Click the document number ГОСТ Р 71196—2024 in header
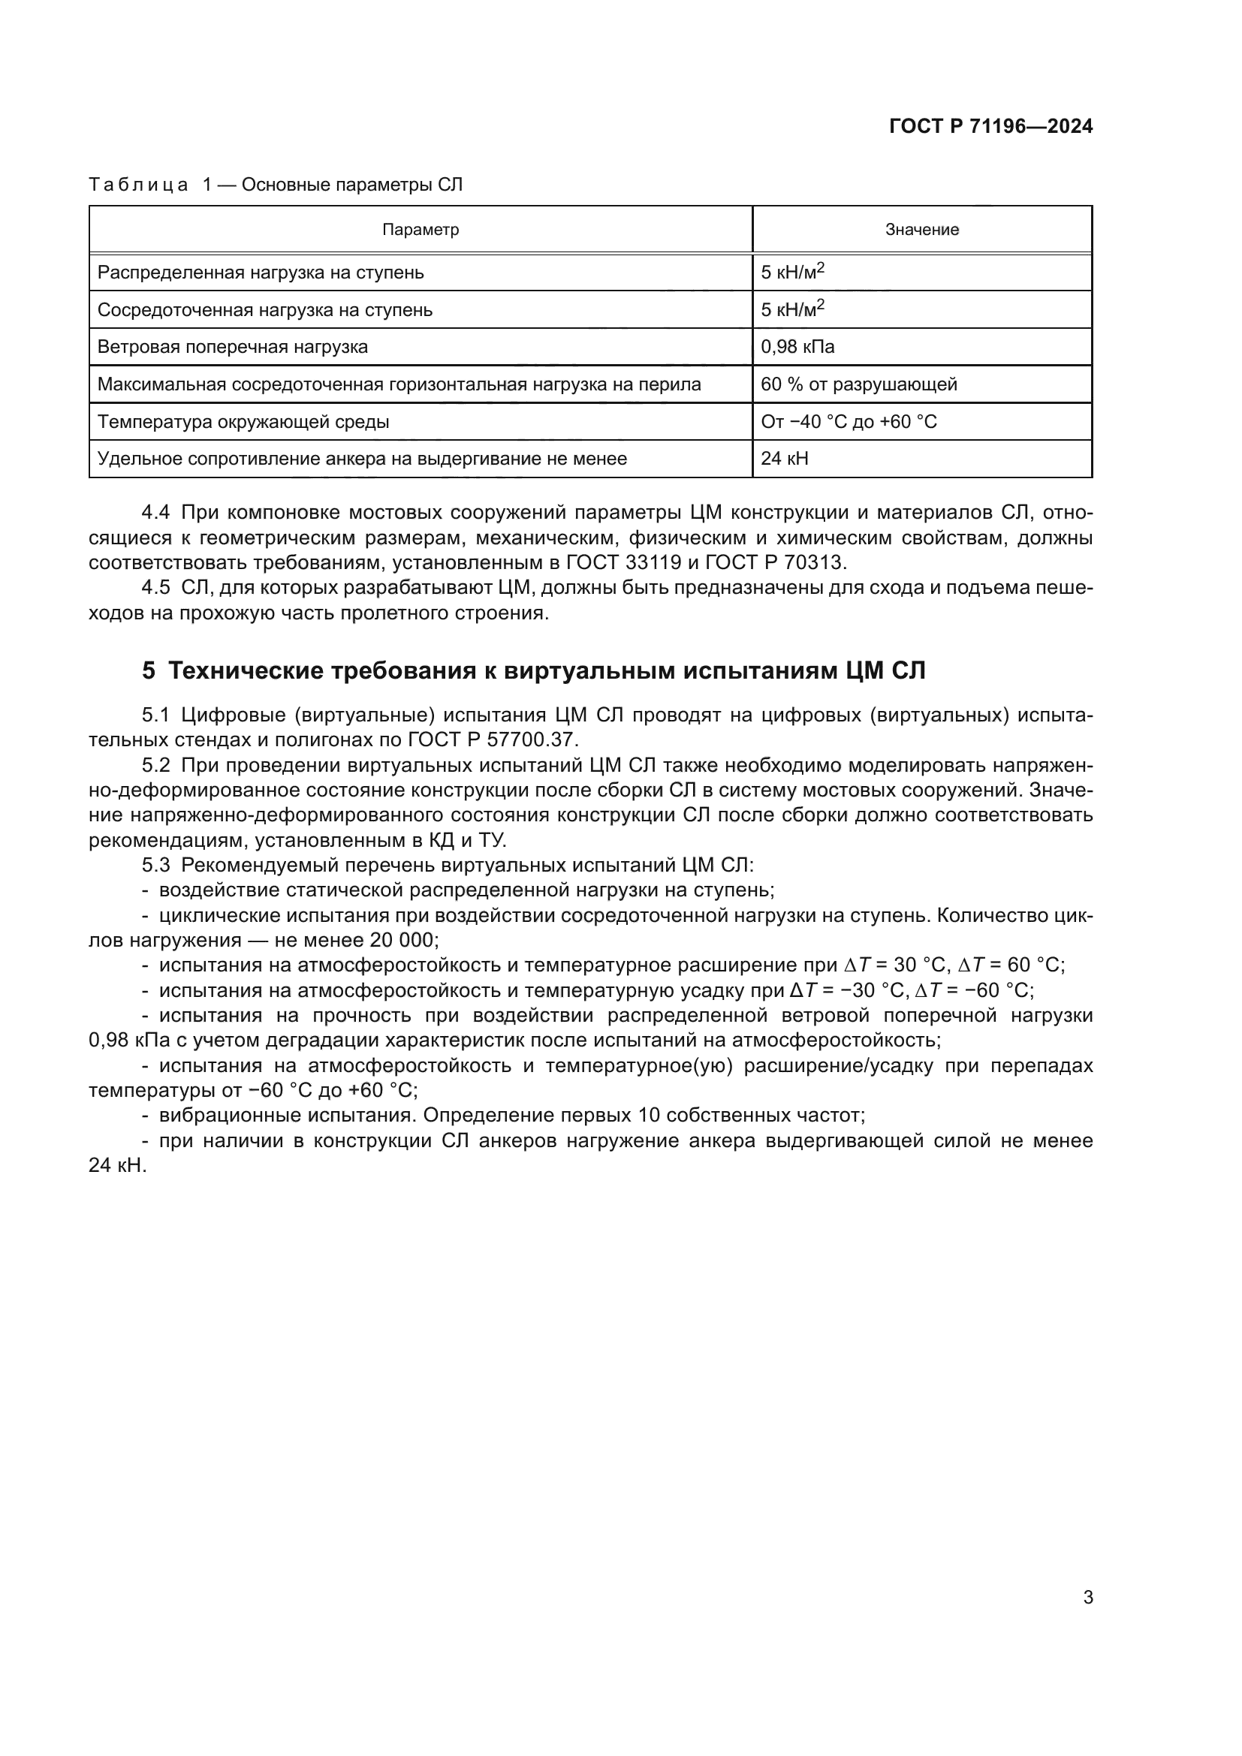tap(990, 127)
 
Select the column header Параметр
tap(421, 230)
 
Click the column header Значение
tap(921, 230)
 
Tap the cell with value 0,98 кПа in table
tap(797, 348)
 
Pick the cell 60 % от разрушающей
tap(858, 384)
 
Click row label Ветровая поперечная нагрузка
tap(233, 348)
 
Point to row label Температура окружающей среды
tap(243, 422)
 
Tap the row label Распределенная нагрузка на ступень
tap(260, 273)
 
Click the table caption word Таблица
tap(138, 185)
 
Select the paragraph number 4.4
tap(156, 513)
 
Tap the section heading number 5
tap(149, 670)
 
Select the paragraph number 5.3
tap(156, 865)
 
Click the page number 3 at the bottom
tap(1087, 1597)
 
